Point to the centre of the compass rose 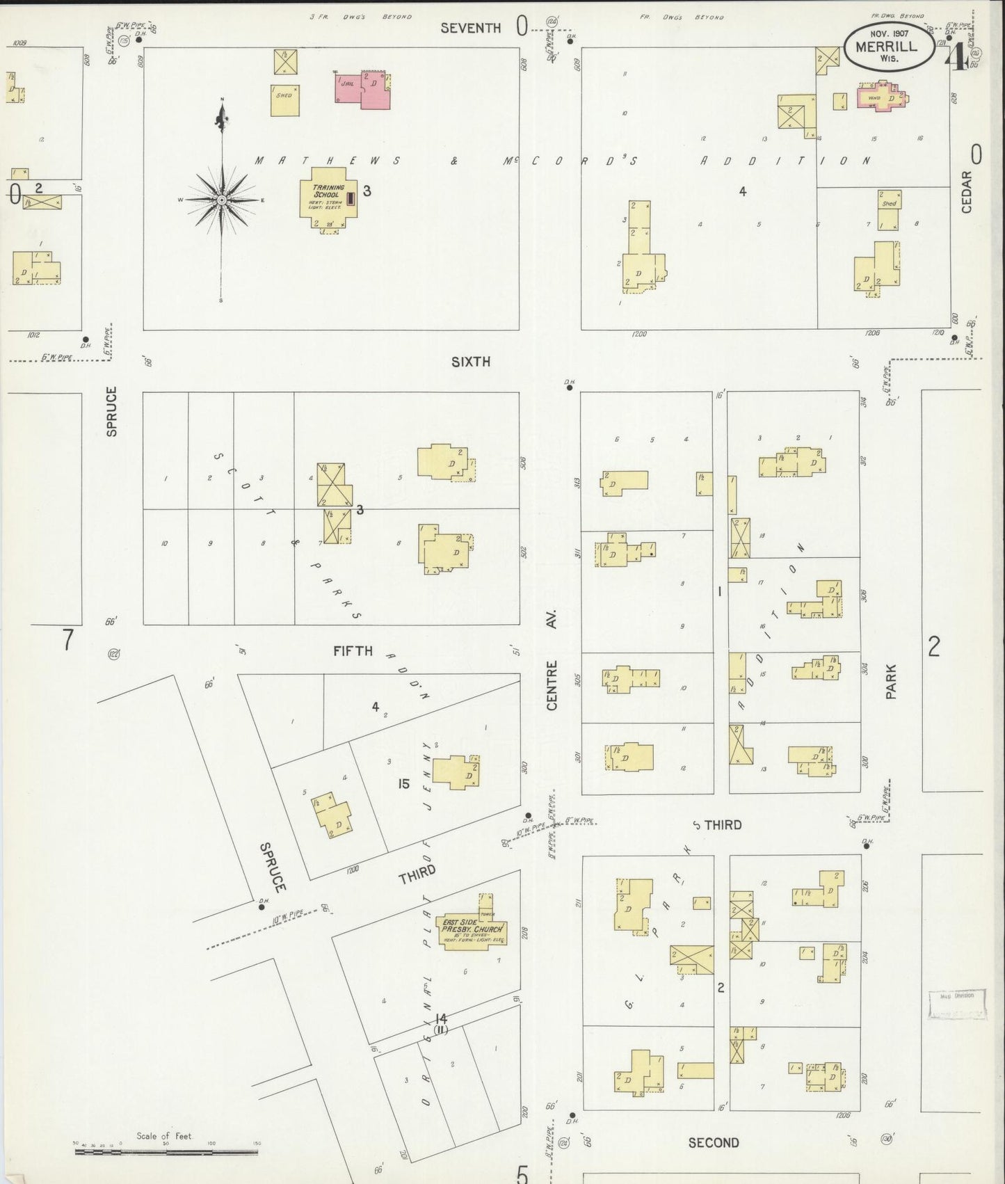[221, 200]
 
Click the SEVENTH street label [471, 28]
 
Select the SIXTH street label [471, 362]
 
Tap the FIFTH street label [353, 651]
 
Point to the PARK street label [891, 682]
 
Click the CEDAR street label [967, 192]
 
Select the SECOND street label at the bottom [714, 1142]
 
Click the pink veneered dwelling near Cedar [882, 97]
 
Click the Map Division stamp [958, 1004]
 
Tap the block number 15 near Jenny [403, 784]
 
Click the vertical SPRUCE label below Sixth [112, 411]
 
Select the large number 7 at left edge [67, 639]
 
